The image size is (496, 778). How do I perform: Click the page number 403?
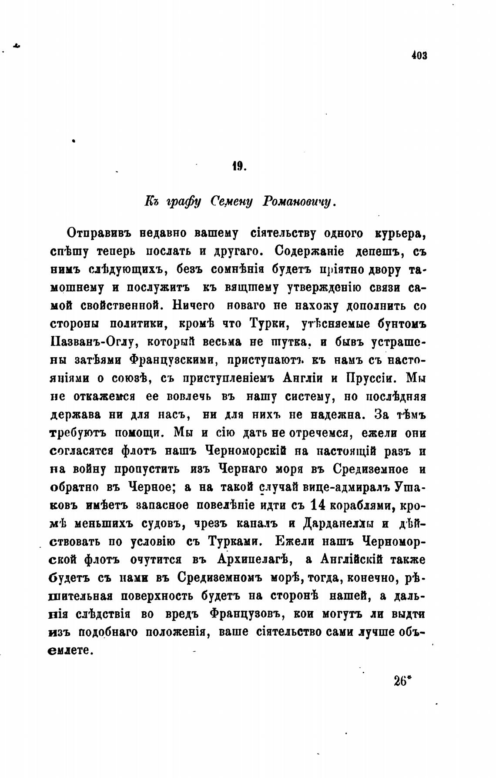[x=419, y=56]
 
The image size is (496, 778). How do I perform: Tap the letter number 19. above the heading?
[x=239, y=166]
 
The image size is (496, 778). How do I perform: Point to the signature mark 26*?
[x=402, y=680]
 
